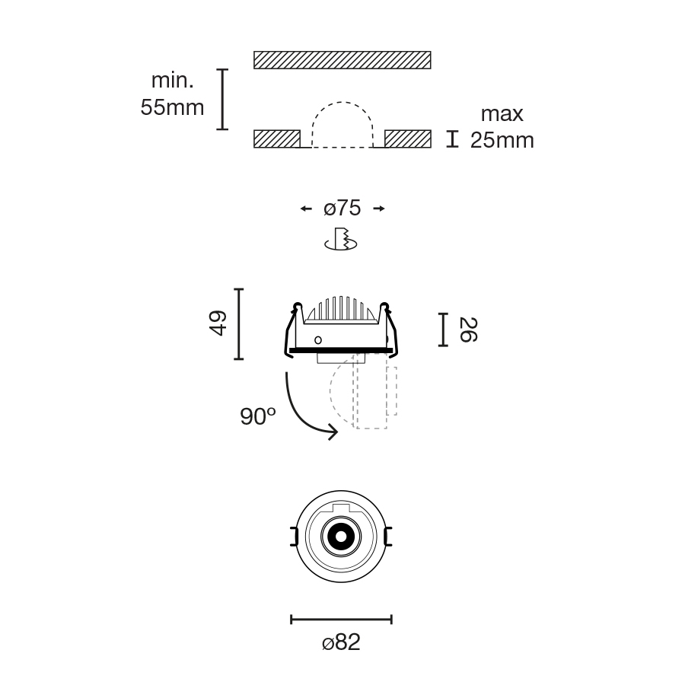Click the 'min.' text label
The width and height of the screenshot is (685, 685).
172,81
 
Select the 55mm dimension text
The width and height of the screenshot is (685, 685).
172,107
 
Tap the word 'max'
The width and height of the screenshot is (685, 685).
502,114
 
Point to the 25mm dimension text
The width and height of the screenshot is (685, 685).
502,140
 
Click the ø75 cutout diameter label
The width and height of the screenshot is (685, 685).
342,208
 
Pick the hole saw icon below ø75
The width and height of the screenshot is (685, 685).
341,239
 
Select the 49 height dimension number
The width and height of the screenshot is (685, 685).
218,323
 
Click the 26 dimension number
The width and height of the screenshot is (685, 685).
468,330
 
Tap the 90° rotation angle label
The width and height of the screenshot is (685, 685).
258,416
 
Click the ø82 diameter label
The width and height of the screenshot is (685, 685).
341,642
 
